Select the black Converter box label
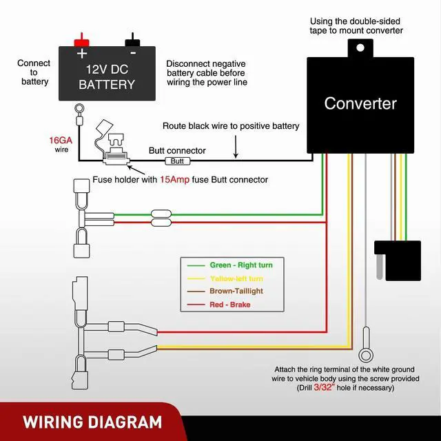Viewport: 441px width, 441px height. point(360,104)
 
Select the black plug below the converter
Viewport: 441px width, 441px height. point(396,259)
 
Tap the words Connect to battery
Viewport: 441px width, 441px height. point(34,72)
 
